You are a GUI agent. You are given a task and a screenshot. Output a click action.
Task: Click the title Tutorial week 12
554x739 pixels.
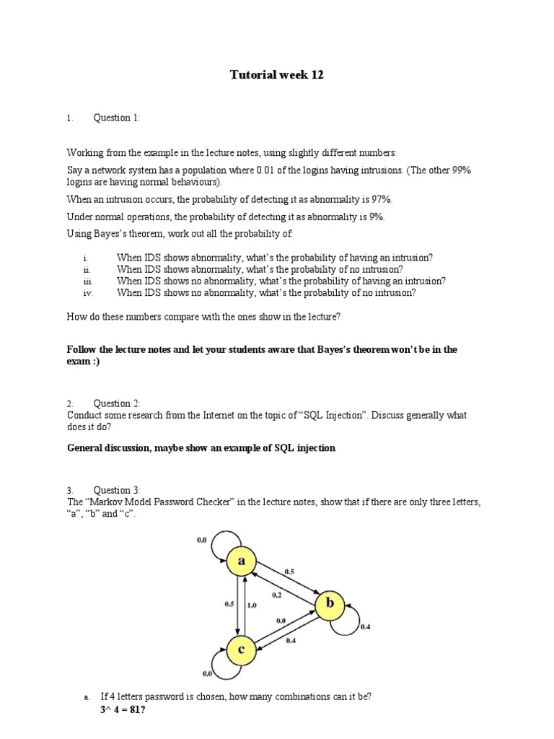click(276, 75)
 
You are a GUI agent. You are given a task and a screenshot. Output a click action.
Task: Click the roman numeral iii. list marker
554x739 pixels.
click(88, 281)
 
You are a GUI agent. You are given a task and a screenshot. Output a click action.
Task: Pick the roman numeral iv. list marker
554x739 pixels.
click(88, 293)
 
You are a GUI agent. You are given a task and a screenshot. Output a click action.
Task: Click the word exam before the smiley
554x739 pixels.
click(79, 362)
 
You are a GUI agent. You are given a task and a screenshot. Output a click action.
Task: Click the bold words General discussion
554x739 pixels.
click(108, 448)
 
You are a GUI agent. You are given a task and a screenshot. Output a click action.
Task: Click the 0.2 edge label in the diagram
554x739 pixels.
click(276, 595)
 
